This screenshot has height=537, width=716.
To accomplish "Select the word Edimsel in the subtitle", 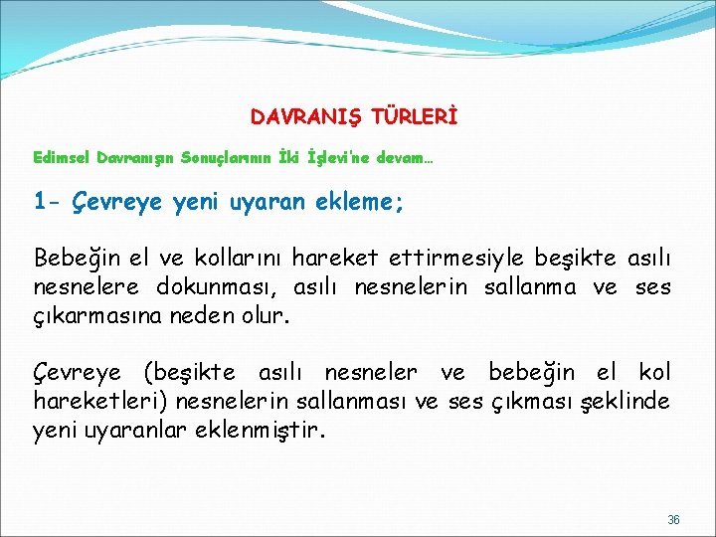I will tap(62, 158).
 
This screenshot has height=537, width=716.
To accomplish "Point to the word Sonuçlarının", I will tap(226, 158).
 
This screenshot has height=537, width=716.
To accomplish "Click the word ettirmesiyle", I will tap(449, 260).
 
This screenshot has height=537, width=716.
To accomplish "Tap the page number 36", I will tap(673, 519).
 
